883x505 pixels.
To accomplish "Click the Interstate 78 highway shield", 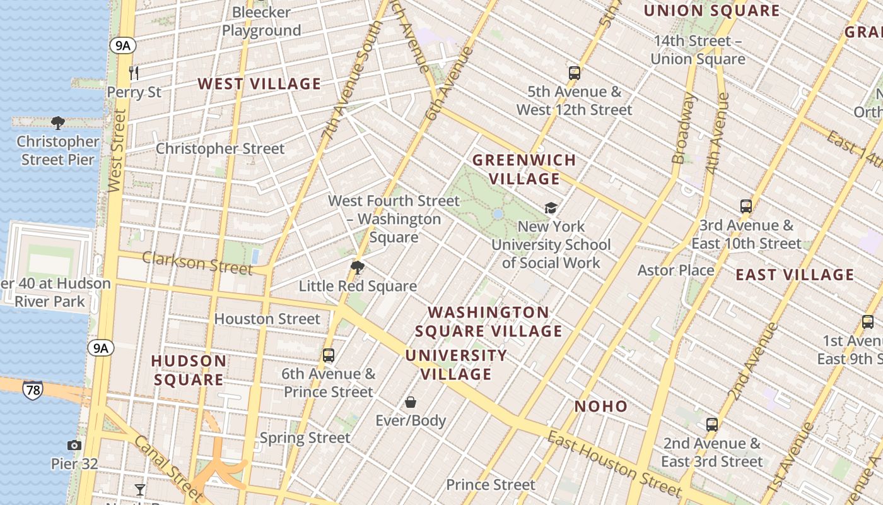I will [x=32, y=390].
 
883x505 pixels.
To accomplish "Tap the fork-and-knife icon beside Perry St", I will [x=134, y=73].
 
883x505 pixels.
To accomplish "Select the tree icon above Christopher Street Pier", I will [x=58, y=122].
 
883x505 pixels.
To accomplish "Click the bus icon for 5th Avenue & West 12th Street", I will [x=574, y=73].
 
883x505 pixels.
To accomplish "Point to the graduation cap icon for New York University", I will [x=551, y=208].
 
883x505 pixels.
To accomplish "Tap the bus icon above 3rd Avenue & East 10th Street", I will [x=746, y=206].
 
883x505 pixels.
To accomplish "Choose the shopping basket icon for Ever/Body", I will [x=411, y=402].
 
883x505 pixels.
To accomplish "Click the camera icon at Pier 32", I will [x=74, y=446].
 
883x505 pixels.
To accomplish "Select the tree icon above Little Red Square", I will [x=358, y=268].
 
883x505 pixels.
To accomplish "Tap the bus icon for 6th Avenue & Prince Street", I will [x=329, y=355].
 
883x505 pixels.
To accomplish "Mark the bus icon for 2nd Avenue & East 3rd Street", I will [x=712, y=425].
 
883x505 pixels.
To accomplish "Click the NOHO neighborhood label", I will [x=601, y=407].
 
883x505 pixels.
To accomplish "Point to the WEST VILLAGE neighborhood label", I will [x=259, y=84].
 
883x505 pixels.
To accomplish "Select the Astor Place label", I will [x=675, y=270].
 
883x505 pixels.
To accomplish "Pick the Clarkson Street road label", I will [x=197, y=263].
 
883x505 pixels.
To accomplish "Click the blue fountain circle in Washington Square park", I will [x=498, y=215].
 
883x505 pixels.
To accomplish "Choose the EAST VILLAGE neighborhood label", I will [x=795, y=275].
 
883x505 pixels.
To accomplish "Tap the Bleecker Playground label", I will [x=261, y=21].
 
